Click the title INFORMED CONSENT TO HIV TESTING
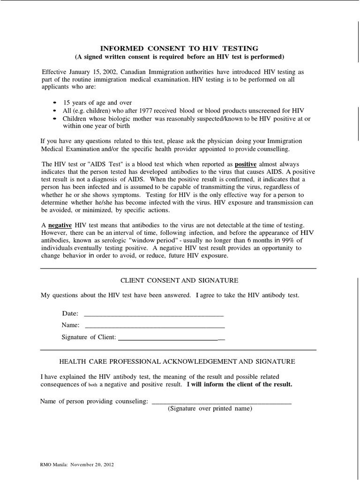tap(180, 48)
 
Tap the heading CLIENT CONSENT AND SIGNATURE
tap(180, 280)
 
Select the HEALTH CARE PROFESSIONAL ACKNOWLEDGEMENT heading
tap(177, 361)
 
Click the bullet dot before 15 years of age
tap(54, 103)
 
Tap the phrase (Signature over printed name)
tap(210, 409)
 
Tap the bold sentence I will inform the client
tap(240, 384)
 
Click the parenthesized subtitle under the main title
tap(180, 57)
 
